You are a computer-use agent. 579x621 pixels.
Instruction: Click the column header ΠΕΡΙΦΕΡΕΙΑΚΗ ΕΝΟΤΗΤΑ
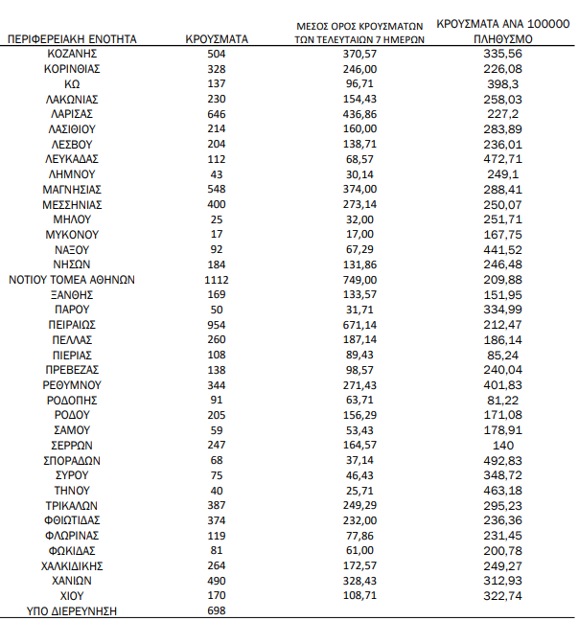point(72,39)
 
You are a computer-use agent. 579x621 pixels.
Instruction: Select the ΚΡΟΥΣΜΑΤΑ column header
point(217,39)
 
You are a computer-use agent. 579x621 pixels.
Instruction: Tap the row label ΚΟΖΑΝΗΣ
point(72,55)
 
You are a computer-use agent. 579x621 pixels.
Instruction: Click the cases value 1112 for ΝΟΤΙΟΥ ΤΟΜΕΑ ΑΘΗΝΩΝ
point(217,280)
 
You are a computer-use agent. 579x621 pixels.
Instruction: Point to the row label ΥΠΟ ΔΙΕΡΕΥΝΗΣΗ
point(72,610)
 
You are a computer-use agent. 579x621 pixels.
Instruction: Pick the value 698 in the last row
point(217,610)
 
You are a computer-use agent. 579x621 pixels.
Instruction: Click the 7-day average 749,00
point(360,280)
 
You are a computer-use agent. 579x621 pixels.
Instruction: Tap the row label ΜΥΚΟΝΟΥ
point(72,235)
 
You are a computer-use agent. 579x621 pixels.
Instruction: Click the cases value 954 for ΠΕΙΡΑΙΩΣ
point(217,325)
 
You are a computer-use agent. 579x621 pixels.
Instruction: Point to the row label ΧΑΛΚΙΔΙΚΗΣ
point(72,565)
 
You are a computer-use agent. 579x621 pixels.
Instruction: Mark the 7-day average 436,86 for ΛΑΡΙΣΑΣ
point(360,114)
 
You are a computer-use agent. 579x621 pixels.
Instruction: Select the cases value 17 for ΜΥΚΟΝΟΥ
point(217,235)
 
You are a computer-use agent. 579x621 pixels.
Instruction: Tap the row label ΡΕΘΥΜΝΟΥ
point(72,385)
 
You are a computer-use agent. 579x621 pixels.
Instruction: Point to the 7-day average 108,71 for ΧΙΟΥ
point(360,595)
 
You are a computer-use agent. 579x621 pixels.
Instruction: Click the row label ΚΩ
point(72,84)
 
